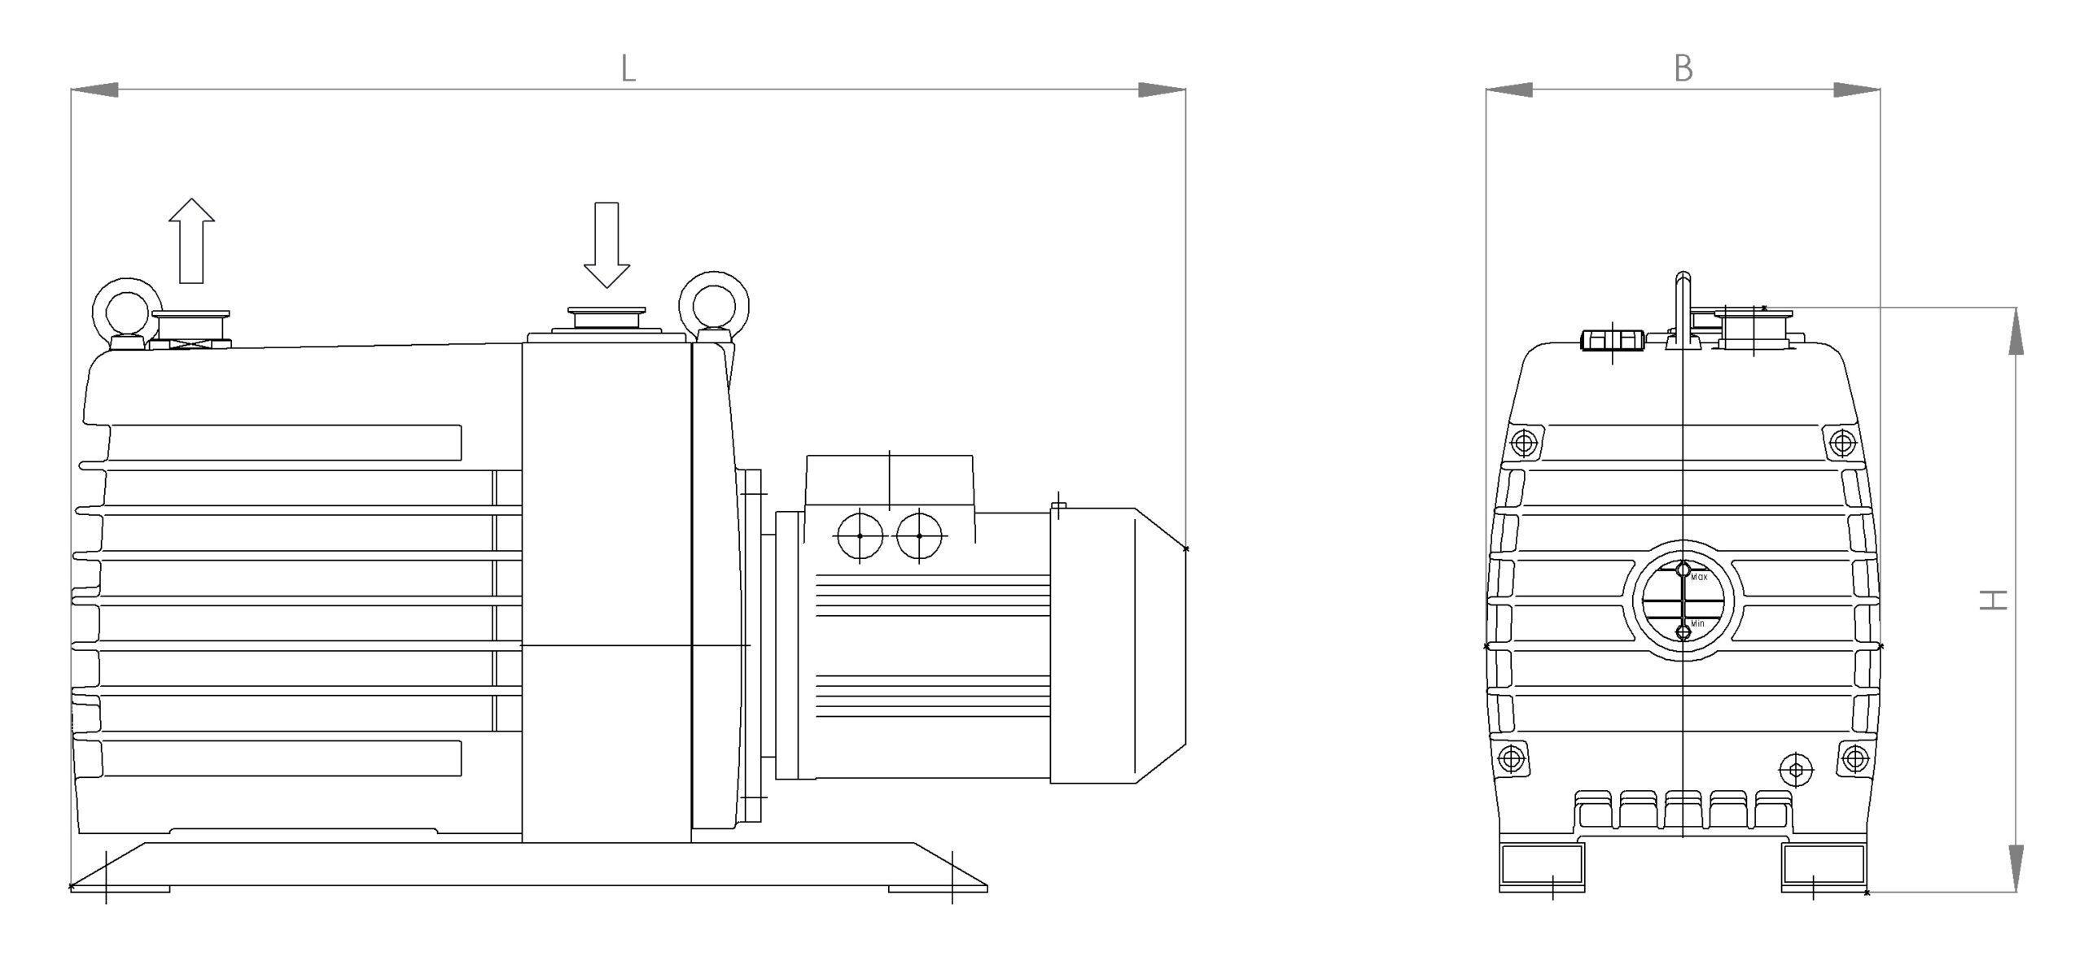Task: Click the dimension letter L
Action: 628,69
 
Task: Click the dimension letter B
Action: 1683,68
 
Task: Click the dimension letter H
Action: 1994,601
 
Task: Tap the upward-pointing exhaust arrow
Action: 191,240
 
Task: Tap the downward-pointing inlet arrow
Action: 606,245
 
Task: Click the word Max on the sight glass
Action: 1699,577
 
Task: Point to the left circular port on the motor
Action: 860,535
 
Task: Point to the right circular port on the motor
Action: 919,535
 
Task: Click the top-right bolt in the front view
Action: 1841,443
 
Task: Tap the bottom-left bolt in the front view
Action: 1511,758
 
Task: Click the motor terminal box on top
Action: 889,482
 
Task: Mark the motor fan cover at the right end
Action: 1118,646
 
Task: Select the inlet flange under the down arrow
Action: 606,319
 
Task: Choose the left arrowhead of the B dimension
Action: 1508,90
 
